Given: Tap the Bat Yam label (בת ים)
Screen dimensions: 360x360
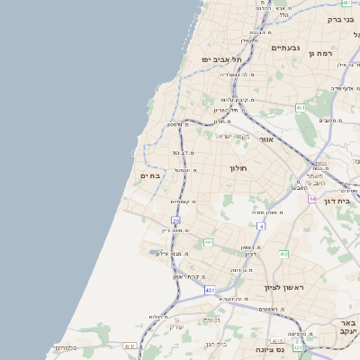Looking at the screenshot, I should click(150, 175).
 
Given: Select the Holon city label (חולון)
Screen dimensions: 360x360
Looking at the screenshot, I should click(238, 168).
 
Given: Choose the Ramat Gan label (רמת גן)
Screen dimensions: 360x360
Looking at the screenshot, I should click(322, 53).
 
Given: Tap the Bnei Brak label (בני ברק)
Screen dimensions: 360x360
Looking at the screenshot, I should click(339, 19).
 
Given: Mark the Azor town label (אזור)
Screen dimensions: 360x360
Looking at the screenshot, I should click(265, 139).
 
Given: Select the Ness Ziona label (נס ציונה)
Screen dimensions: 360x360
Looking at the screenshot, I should click(270, 348).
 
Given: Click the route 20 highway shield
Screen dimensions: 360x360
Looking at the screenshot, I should click(176, 220).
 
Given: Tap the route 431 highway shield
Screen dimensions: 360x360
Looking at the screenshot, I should click(210, 291).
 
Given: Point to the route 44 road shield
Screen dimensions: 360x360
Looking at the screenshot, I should click(312, 199).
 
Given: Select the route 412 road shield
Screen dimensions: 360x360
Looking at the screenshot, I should click(283, 254).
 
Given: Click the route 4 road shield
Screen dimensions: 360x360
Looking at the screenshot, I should click(261, 227).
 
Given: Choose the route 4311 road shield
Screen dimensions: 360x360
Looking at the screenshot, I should click(130, 346).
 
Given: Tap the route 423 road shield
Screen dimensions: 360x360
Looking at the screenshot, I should click(298, 346).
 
